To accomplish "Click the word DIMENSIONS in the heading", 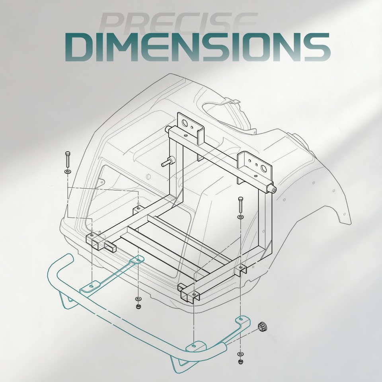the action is [x=198, y=47].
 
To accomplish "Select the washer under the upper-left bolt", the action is [x=68, y=172].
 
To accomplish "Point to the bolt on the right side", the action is [x=240, y=205].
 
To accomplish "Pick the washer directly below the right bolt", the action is [x=240, y=217].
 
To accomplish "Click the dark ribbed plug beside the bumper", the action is [x=263, y=326].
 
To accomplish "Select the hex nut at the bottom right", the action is [x=241, y=362].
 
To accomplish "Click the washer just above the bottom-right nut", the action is [x=241, y=353].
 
